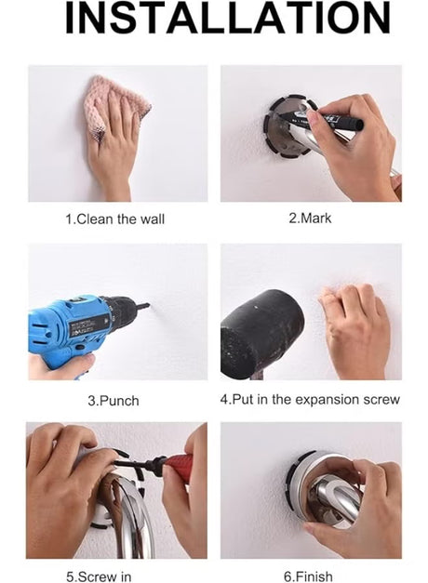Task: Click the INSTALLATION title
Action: coord(228,18)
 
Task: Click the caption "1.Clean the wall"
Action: coord(115,219)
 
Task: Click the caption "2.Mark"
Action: coord(310,218)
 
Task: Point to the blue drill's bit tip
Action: coord(149,305)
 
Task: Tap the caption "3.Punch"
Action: coord(114,401)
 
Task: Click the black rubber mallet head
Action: coord(261,333)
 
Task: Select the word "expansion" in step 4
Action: coord(327,400)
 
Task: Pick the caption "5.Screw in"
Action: coord(99,576)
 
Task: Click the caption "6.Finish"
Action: coord(308,576)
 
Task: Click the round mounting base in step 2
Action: coord(284,128)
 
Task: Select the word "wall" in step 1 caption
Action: coord(153,219)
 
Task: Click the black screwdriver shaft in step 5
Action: coord(139,464)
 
